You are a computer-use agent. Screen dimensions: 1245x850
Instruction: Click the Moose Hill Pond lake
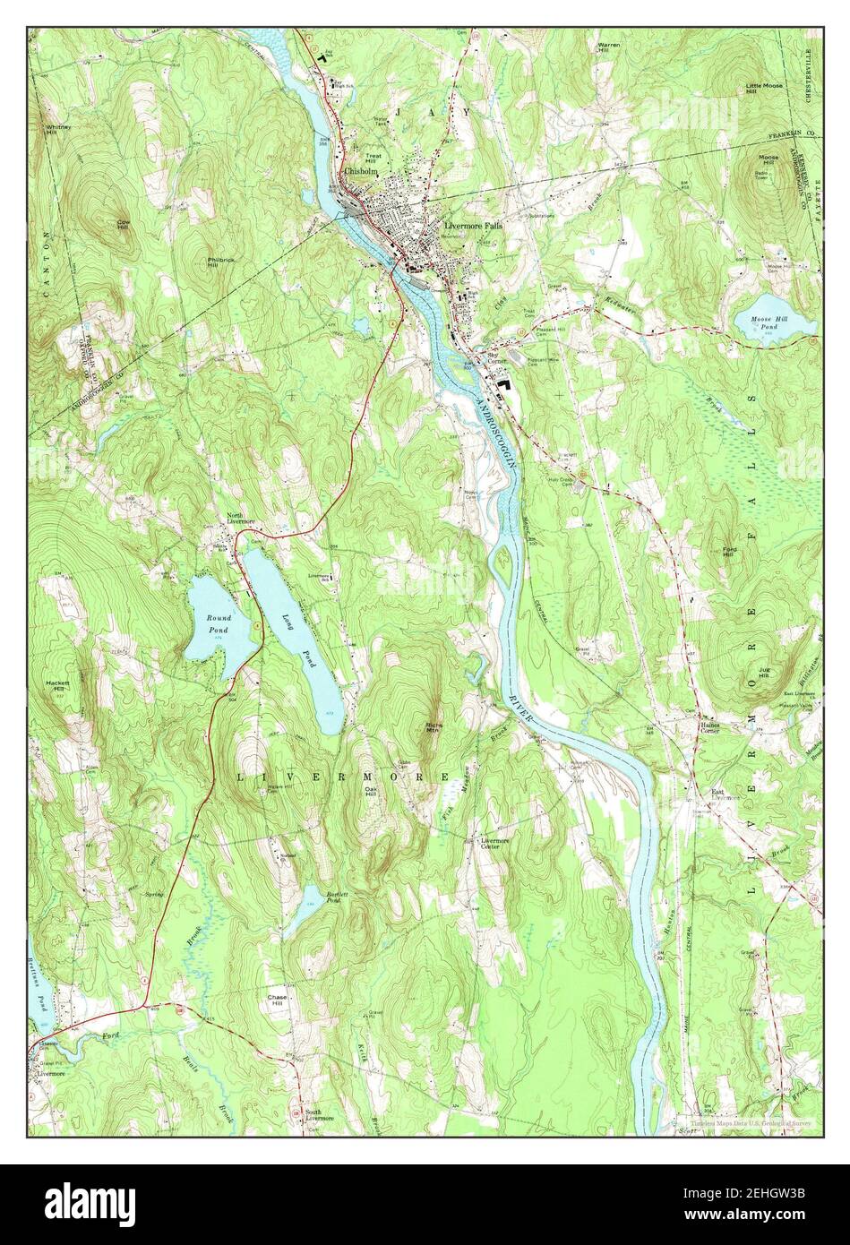coord(775,321)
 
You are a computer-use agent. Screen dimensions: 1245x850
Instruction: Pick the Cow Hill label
coord(123,225)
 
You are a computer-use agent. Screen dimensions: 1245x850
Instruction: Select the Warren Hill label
coord(609,47)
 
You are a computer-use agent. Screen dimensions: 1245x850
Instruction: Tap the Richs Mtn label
coord(434,727)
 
